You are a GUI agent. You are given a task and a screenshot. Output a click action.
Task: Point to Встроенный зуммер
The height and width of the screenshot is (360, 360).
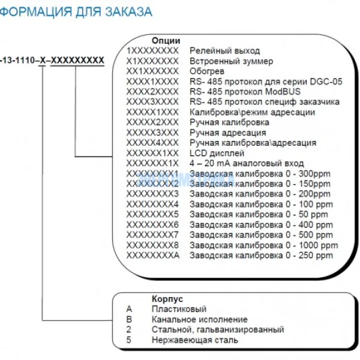point(231,61)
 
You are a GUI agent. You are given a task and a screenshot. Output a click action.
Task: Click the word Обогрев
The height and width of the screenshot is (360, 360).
point(207,71)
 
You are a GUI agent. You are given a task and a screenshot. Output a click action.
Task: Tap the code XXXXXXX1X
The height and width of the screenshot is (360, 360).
point(152,163)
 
